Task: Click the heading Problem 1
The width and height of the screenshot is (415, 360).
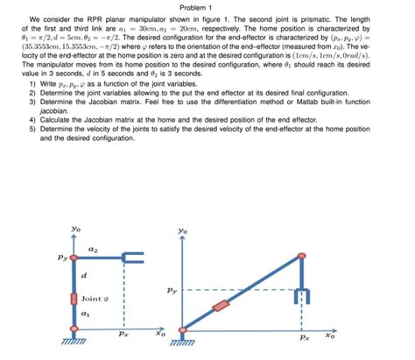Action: (x=207, y=8)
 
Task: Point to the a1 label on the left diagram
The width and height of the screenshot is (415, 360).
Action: (x=85, y=313)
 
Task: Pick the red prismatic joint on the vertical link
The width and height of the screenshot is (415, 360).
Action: (x=74, y=300)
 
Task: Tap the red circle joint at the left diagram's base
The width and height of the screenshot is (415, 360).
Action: (x=74, y=330)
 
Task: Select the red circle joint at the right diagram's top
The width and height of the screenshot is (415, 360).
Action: (x=303, y=257)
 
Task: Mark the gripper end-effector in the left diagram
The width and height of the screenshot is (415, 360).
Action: (x=131, y=258)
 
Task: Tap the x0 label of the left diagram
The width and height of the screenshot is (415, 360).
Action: (x=160, y=334)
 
